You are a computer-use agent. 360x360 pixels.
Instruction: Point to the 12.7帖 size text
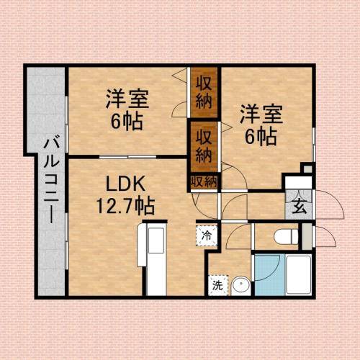125,207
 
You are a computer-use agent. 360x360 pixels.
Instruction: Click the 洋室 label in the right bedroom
260,114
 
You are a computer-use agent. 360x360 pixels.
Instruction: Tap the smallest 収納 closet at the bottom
204,183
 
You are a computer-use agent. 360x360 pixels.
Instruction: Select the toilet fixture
286,235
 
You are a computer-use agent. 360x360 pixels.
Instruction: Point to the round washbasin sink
240,285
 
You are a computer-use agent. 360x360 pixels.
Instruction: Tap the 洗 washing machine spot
217,285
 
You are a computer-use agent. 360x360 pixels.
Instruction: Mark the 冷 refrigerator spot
206,235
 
